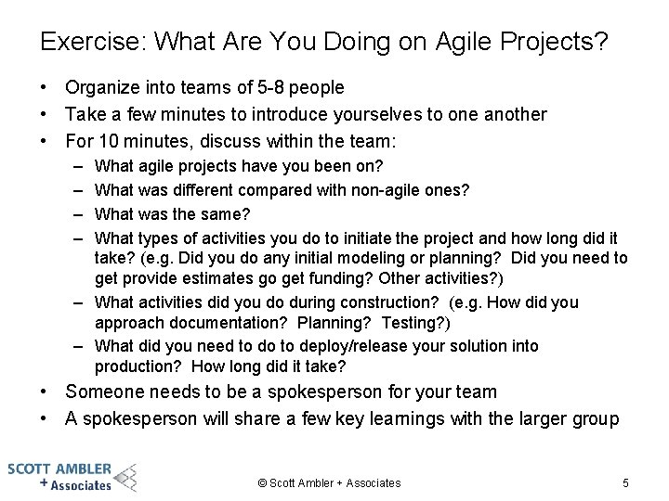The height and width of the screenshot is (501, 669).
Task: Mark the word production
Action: [x=135, y=366]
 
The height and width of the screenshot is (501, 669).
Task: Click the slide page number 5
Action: [x=625, y=482]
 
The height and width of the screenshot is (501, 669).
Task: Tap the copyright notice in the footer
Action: [x=329, y=482]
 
